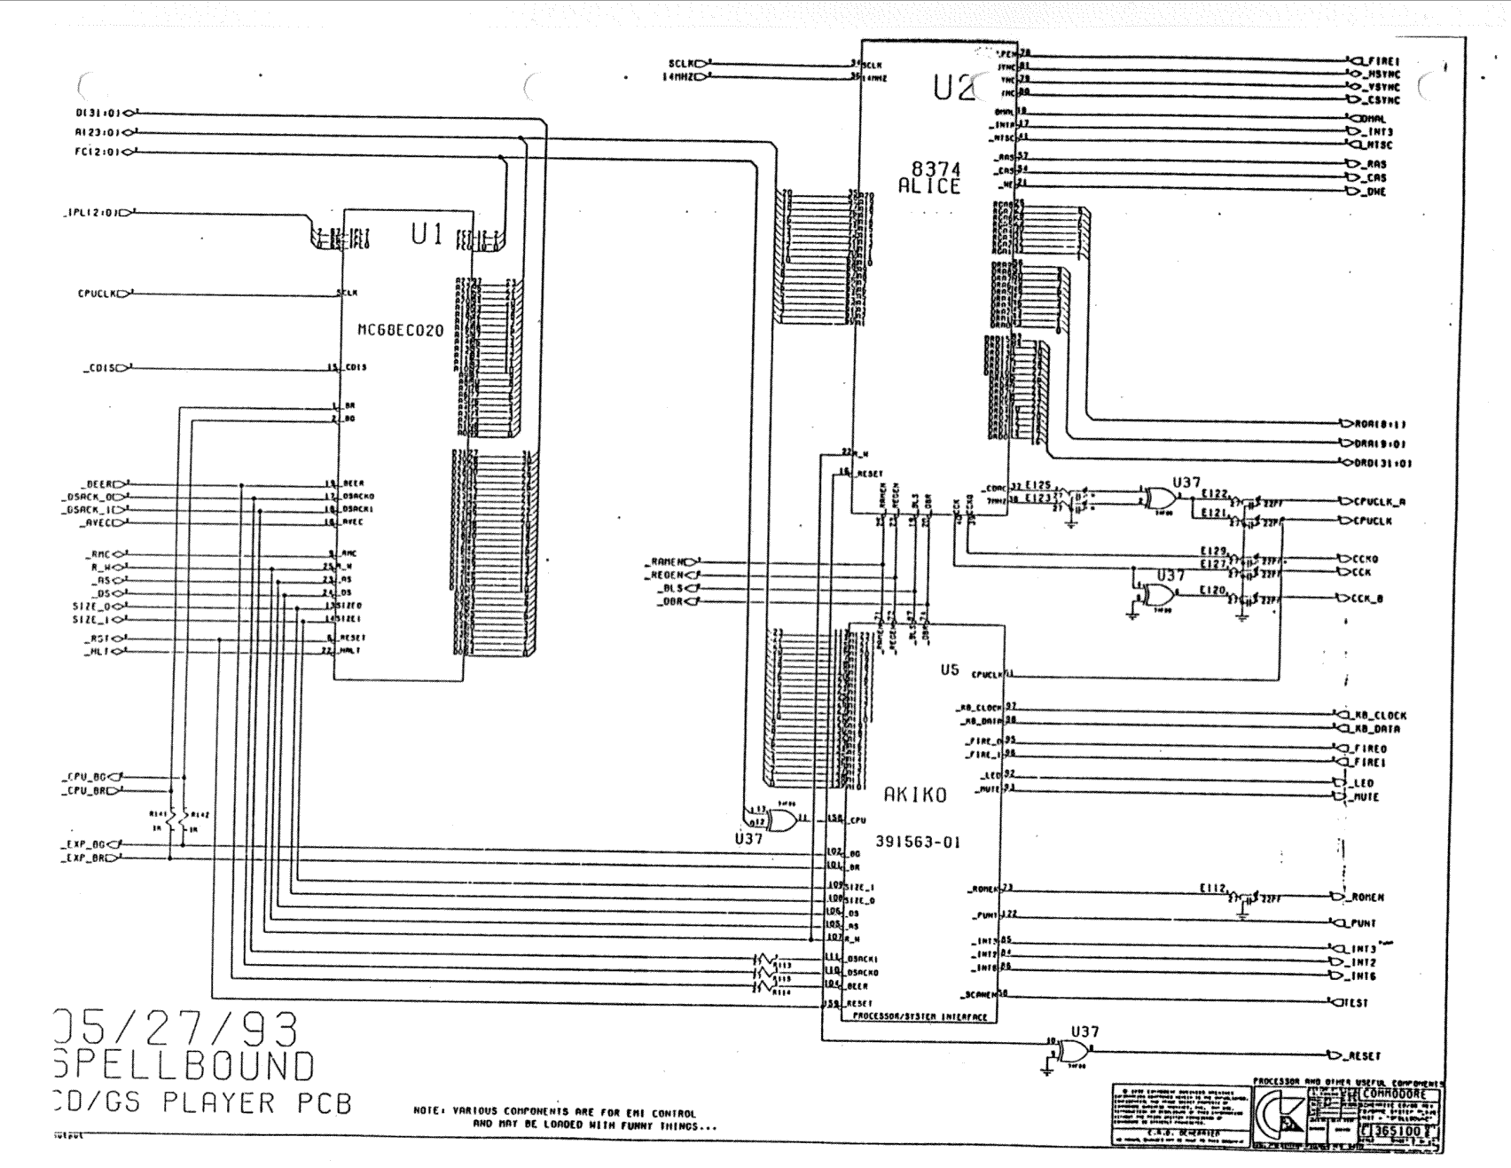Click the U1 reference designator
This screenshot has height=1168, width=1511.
427,233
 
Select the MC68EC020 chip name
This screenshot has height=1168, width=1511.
400,330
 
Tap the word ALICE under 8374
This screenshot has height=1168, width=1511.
928,186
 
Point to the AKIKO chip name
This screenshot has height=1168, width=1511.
914,796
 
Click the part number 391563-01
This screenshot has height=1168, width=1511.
917,842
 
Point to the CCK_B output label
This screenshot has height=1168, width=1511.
1373,599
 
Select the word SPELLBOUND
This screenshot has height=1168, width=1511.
184,1065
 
